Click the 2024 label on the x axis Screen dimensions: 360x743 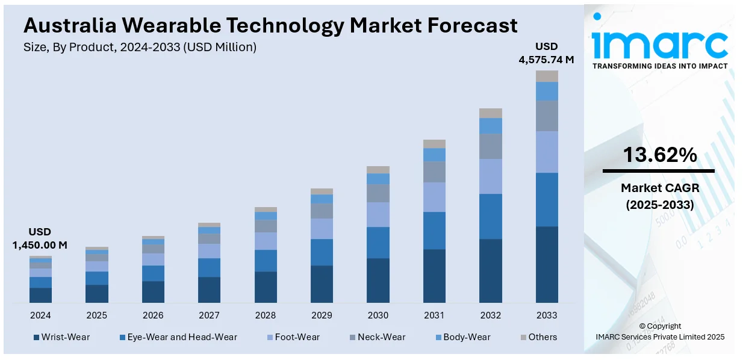[x=40, y=315]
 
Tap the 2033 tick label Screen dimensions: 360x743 [x=547, y=315]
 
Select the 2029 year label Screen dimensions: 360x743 [x=322, y=315]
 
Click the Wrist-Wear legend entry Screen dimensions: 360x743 [x=61, y=337]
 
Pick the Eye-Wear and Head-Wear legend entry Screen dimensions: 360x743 [x=178, y=337]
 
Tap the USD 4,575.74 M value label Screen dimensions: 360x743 [x=547, y=53]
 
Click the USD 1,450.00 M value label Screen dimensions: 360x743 [x=40, y=238]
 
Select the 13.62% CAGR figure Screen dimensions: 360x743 [x=659, y=155]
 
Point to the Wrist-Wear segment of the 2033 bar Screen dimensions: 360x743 [x=547, y=264]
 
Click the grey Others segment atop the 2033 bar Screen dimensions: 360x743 [x=547, y=76]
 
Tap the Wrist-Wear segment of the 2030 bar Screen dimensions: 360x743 [x=378, y=280]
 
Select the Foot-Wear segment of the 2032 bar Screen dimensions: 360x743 [x=491, y=176]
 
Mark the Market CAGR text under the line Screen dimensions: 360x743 [x=659, y=188]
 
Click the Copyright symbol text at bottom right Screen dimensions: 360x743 [x=659, y=326]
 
